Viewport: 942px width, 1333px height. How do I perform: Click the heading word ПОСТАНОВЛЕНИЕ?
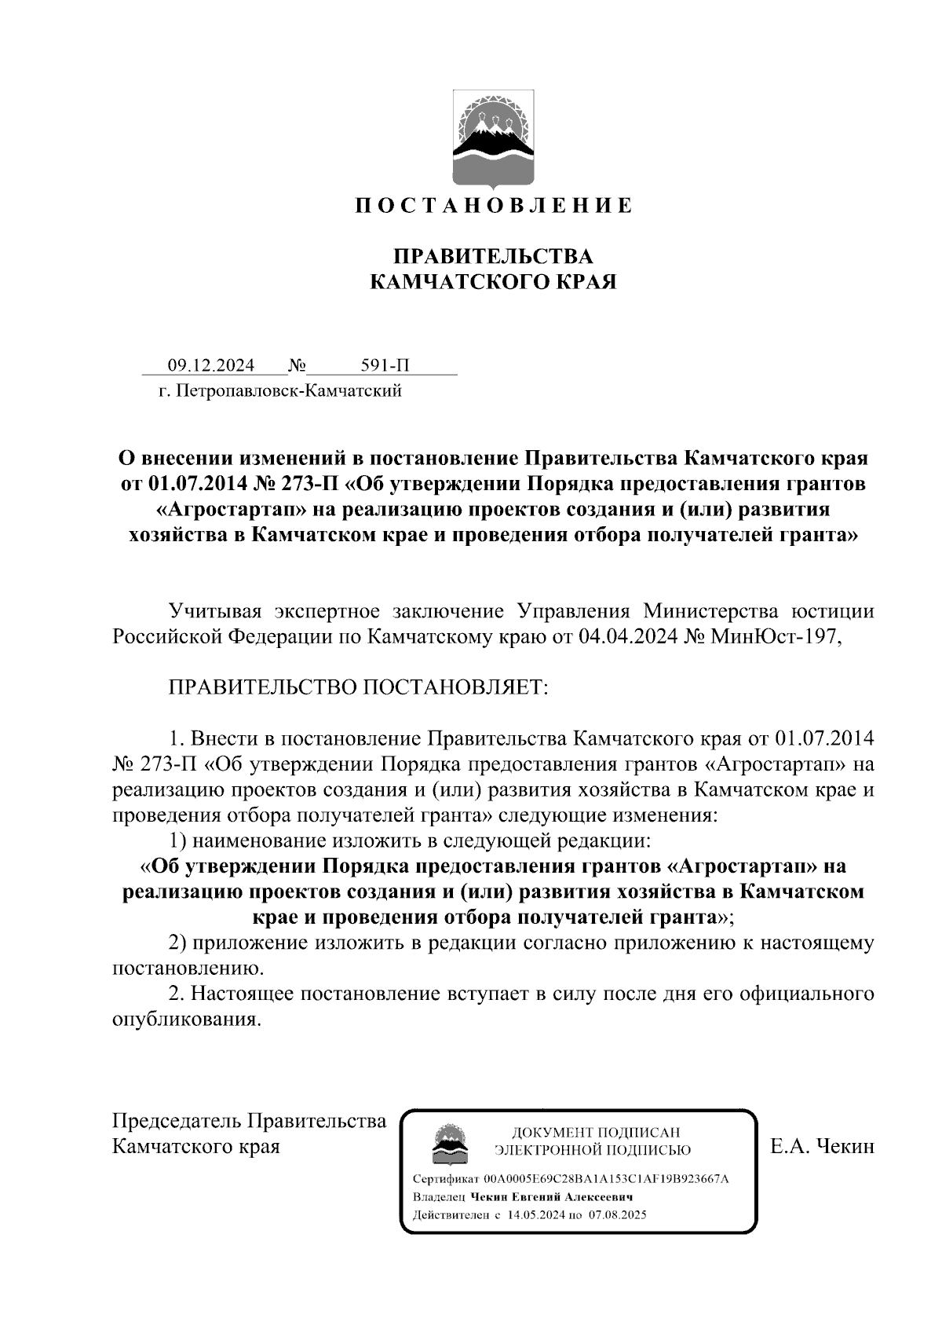coord(492,207)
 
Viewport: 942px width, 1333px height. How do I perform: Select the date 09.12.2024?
coord(210,366)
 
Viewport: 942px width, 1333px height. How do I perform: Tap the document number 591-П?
coord(385,366)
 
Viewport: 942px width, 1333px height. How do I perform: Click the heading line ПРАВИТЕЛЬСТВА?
coord(492,257)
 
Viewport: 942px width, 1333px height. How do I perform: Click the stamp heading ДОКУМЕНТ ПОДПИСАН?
coord(596,1133)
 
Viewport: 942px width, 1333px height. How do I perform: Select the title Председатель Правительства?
coord(250,1121)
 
